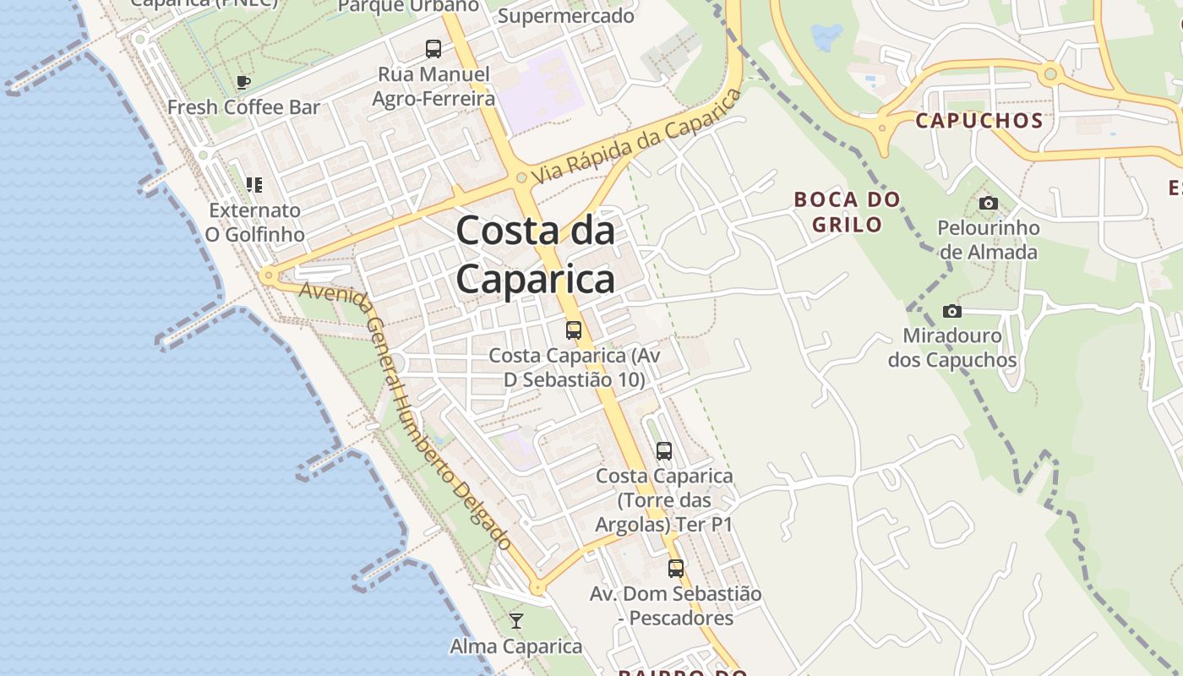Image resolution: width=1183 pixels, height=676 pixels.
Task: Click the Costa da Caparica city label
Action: (x=536, y=254)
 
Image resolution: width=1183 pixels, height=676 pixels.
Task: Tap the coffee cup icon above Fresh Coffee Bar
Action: (x=243, y=83)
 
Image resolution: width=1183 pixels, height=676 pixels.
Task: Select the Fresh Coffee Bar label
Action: (x=243, y=107)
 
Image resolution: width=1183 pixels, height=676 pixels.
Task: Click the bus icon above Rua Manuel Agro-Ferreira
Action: (x=433, y=49)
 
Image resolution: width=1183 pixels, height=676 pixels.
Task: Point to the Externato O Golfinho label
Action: (x=254, y=222)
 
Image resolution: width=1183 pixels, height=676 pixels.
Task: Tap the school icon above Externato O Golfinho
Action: (x=253, y=184)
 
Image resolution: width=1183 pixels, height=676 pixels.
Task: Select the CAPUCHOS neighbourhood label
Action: (x=979, y=120)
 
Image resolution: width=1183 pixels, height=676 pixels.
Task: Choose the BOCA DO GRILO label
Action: (x=847, y=212)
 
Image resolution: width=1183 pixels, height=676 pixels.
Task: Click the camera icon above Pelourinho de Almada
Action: (x=988, y=203)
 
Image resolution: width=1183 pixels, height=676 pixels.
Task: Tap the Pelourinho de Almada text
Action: (x=988, y=240)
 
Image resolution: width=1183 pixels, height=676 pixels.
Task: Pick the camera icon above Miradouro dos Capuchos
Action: (x=952, y=311)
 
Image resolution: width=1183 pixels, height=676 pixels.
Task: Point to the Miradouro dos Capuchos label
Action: (x=952, y=347)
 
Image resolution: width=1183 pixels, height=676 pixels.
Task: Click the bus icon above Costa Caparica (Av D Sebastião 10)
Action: (x=574, y=330)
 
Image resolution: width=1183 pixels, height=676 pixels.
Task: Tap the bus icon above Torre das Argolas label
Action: (x=664, y=451)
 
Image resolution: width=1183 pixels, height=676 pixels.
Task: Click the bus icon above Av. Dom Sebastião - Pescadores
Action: (x=675, y=569)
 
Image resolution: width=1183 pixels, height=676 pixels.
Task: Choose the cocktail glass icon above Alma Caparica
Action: (x=516, y=622)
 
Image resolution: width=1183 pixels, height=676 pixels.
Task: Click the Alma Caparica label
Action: (x=515, y=646)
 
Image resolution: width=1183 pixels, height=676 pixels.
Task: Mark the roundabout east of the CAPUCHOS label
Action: (x=1050, y=74)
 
